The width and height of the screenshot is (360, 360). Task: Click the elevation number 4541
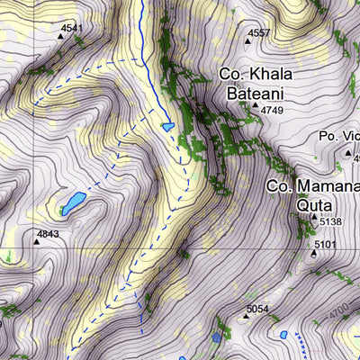click(72, 29)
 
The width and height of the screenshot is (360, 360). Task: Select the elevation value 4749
click(272, 110)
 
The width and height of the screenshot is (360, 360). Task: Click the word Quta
click(313, 204)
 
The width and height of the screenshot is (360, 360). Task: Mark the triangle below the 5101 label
click(314, 254)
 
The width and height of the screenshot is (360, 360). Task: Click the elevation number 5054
click(258, 310)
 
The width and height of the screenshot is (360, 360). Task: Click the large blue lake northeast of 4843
click(74, 203)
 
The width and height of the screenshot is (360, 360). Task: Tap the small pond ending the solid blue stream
click(167, 127)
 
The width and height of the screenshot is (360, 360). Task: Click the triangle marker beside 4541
click(60, 36)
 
